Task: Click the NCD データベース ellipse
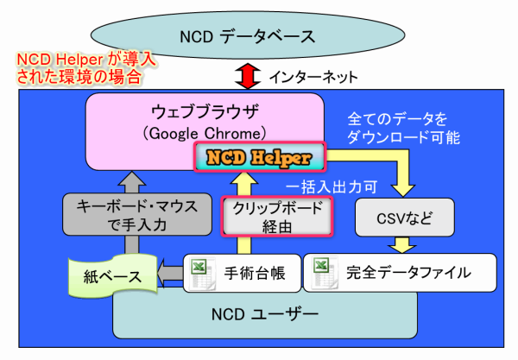coord(248,35)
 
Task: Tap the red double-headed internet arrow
coord(248,76)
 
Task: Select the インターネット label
coord(313,77)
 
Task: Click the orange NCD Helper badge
coord(260,157)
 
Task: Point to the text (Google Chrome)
coord(205,134)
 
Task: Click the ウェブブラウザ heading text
coord(205,111)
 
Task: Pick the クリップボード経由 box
coord(277,217)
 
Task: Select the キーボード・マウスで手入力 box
coord(137,215)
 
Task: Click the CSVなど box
coord(405,218)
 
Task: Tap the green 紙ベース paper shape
coord(112,276)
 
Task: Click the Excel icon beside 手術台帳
coord(202,274)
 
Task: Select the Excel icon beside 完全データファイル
coord(325,273)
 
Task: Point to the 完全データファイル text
coord(408,273)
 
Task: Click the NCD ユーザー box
coord(265,315)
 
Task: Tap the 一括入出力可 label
coord(332,187)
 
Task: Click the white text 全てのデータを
coord(397,119)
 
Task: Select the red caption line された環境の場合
coord(79,77)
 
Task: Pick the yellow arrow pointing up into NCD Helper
coord(244,213)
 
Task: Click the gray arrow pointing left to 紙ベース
coord(170,274)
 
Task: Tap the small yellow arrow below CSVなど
coord(402,244)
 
